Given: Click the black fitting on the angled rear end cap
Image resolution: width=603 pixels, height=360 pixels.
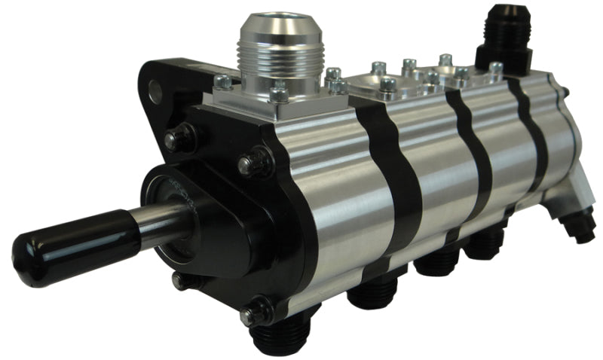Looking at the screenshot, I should [x=580, y=226].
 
